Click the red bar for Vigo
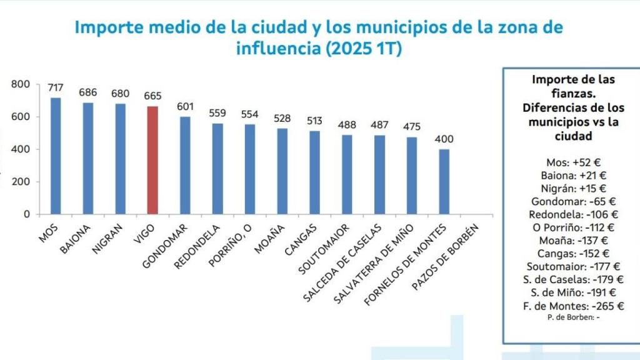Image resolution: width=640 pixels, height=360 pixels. point(152,160)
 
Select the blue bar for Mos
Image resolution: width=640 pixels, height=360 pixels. point(56,156)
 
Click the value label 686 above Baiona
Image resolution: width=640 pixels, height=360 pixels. point(88,92)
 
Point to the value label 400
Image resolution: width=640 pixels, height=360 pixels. point(444,139)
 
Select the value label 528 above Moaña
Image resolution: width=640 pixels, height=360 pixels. point(282,118)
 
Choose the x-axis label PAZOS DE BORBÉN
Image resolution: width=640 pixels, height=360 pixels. point(446,256)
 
